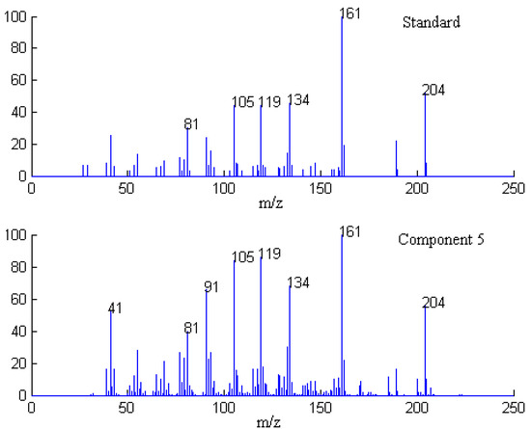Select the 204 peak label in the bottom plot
click(x=434, y=303)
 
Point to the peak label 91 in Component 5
click(x=212, y=286)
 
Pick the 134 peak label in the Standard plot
click(x=298, y=100)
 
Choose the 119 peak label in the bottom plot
click(x=269, y=255)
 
